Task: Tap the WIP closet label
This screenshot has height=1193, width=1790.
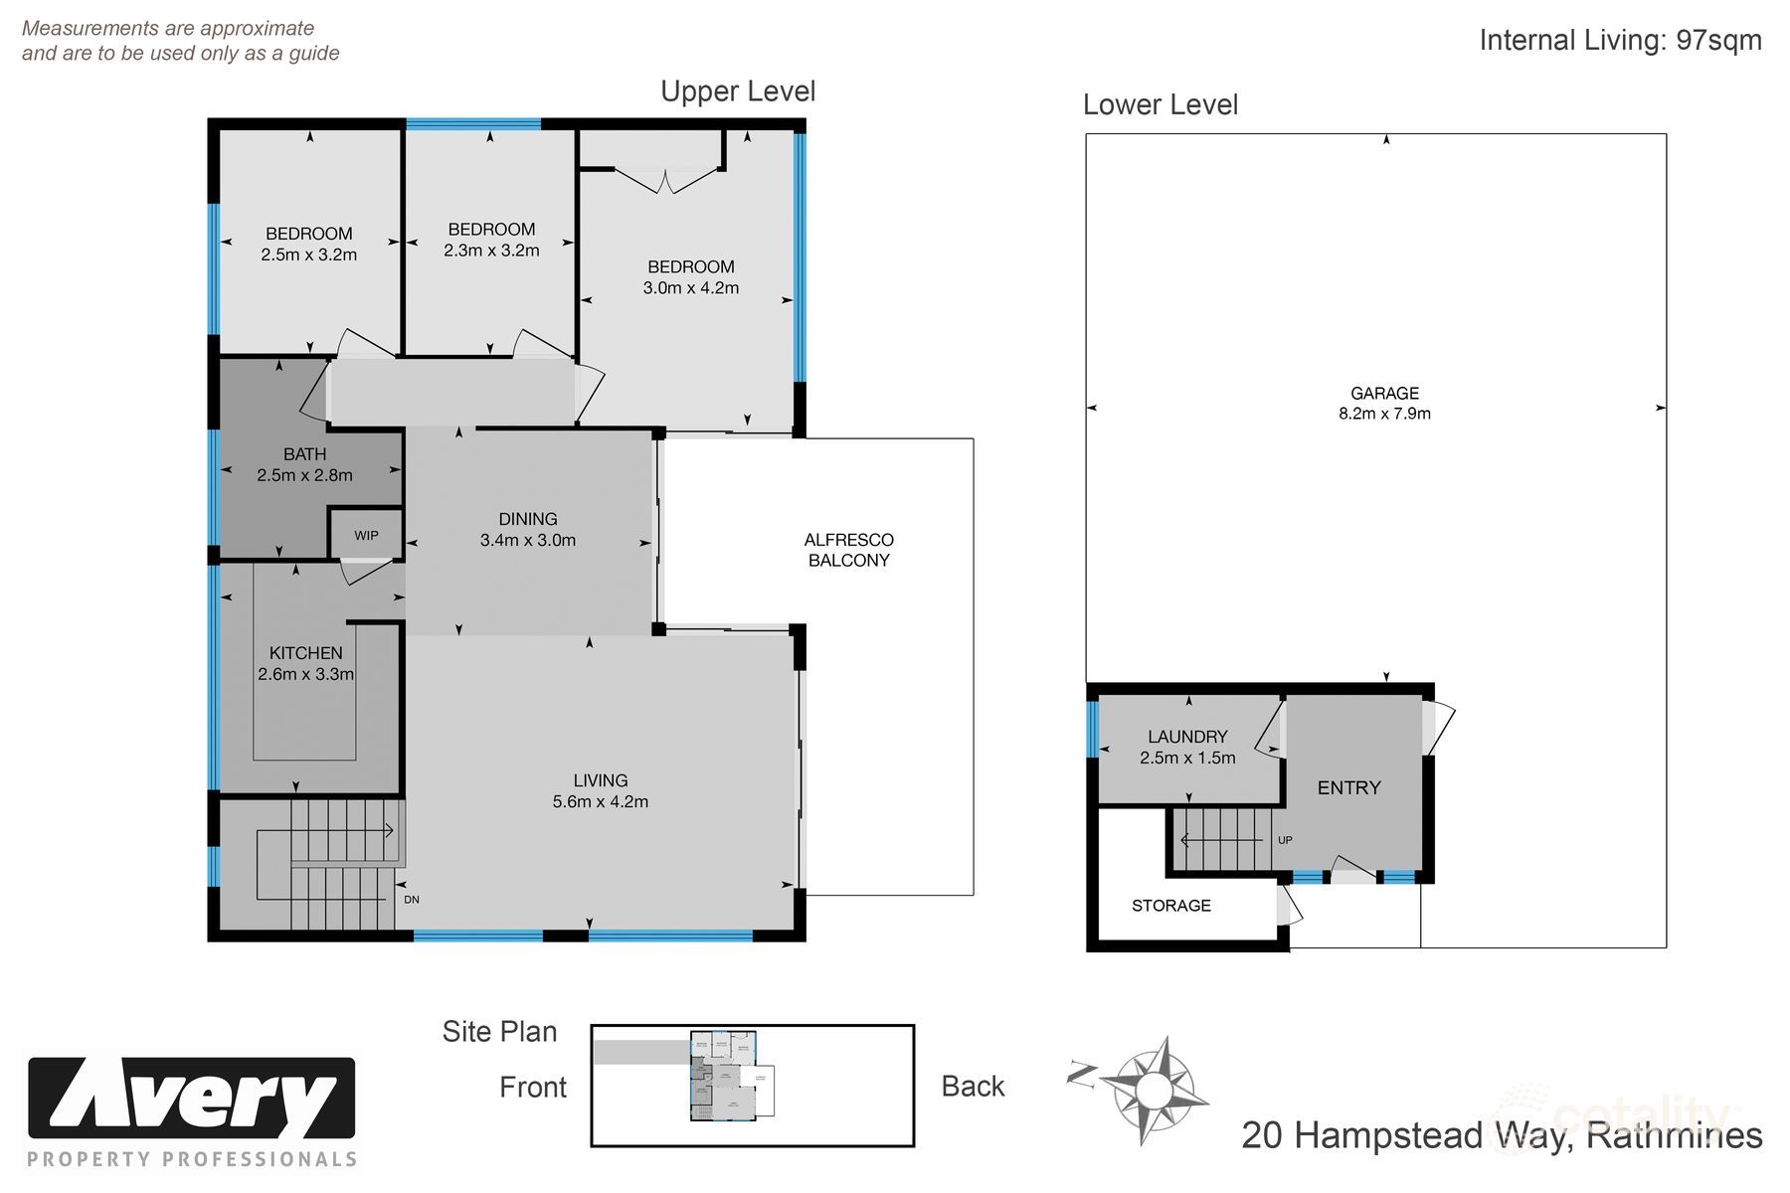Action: tap(366, 535)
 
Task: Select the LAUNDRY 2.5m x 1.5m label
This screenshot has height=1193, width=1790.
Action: tap(1187, 747)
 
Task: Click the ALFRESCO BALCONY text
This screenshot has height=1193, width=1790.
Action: tap(848, 550)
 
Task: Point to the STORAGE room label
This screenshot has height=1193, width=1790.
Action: tap(1170, 906)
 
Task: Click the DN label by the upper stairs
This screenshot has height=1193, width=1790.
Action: tap(412, 900)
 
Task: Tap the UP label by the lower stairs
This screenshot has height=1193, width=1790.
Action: tap(1285, 840)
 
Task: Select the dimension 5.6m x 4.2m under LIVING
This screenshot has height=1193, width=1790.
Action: tap(600, 802)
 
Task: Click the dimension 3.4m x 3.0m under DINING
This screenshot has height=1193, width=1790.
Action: tap(527, 541)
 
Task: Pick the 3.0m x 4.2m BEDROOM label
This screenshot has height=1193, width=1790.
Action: tap(690, 277)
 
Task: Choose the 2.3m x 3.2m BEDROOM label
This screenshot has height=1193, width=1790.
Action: tap(491, 240)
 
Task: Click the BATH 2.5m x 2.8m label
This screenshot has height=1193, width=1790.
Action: tap(304, 464)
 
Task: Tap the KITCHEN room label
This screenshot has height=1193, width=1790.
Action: tap(305, 653)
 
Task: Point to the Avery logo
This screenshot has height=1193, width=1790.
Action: tap(191, 1099)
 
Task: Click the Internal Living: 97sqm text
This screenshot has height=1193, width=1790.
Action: tap(1620, 41)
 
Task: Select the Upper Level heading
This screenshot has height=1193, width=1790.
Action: tap(738, 91)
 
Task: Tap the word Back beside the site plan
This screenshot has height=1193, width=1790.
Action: tap(973, 1087)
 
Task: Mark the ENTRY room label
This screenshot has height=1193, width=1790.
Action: tap(1348, 788)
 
